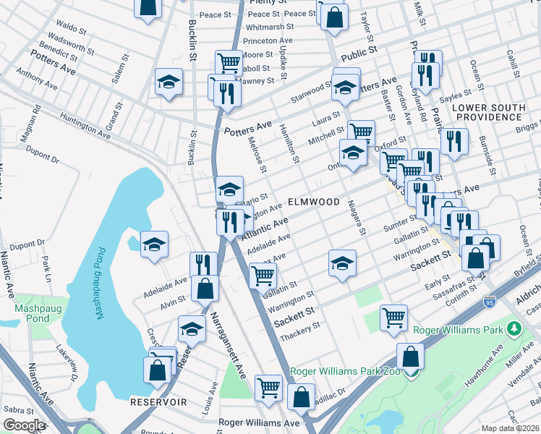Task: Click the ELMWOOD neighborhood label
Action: click(314, 202)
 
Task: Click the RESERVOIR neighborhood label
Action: click(159, 401)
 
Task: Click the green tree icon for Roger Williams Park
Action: click(514, 330)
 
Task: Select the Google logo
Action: click(23, 425)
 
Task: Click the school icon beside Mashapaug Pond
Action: click(155, 245)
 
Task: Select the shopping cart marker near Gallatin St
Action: click(263, 274)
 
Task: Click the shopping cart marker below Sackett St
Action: click(393, 317)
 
